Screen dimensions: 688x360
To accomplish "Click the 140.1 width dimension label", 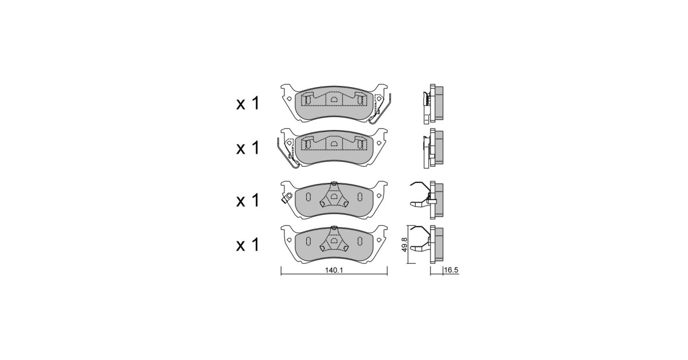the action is (x=334, y=271).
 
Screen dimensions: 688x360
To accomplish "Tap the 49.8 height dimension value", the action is (x=405, y=245).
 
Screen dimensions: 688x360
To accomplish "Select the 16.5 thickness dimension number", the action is (x=451, y=271).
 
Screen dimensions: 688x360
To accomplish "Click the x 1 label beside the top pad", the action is (x=248, y=103).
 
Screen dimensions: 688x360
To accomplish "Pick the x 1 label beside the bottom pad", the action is (x=248, y=245).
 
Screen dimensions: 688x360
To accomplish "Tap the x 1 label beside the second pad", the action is (x=248, y=148).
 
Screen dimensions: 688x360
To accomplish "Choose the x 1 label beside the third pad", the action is (x=248, y=200).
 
